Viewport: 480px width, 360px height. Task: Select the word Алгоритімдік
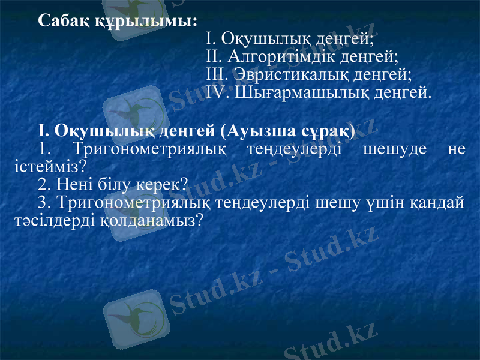pyautogui.click(x=280, y=58)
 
